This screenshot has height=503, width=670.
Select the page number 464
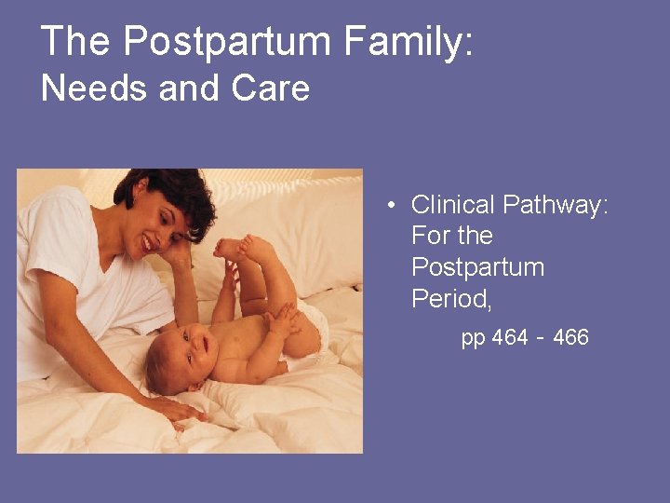511,337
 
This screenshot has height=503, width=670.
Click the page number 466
570,337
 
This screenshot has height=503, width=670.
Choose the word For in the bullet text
431,236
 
